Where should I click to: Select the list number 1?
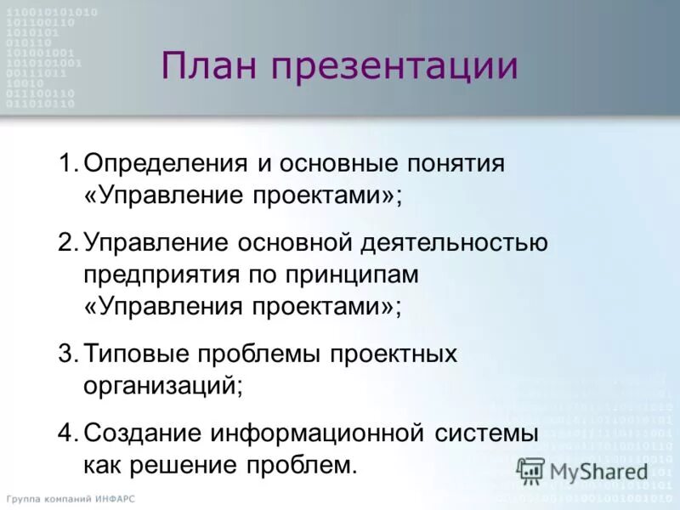(x=67, y=161)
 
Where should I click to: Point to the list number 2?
(x=67, y=243)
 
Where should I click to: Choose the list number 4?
(x=67, y=433)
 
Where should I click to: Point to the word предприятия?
(x=161, y=275)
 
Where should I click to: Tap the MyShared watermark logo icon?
(x=531, y=470)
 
